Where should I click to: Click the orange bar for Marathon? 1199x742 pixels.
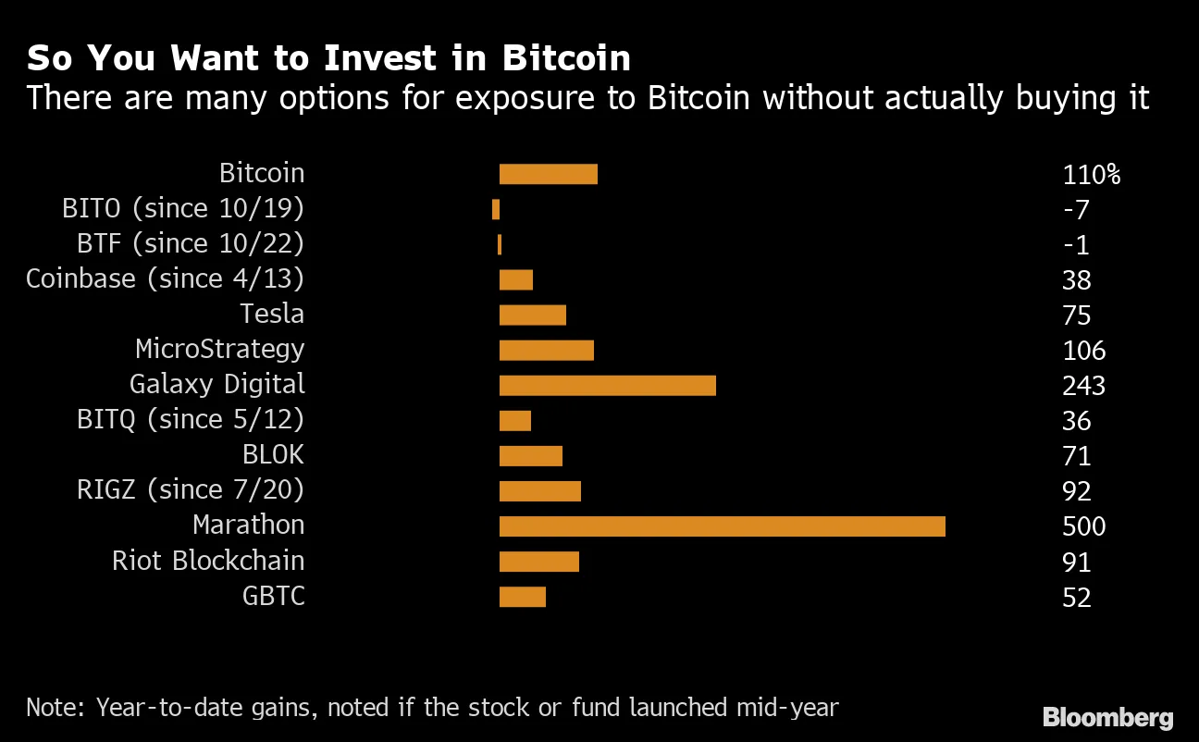(x=722, y=526)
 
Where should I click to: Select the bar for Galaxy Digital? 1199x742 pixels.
(x=607, y=386)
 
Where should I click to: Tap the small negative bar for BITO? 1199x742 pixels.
(x=496, y=209)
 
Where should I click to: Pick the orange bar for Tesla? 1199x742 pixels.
(x=532, y=315)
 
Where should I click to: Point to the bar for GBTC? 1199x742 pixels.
(x=522, y=597)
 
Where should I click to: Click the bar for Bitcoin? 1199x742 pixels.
(x=548, y=174)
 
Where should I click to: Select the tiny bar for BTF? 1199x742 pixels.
(x=500, y=244)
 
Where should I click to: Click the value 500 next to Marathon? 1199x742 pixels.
(x=1084, y=527)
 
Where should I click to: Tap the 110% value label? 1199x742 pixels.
(x=1091, y=175)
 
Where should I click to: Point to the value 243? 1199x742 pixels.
(x=1084, y=386)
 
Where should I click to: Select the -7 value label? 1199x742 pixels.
(x=1076, y=210)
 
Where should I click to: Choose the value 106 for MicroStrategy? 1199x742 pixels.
(x=1084, y=351)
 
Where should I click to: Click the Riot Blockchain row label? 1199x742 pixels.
(x=208, y=561)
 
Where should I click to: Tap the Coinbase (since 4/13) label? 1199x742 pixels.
(x=165, y=279)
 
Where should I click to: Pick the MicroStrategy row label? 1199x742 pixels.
(x=219, y=350)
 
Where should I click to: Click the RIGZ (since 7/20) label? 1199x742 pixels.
(x=191, y=490)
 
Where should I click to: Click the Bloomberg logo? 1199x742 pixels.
(x=1107, y=717)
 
